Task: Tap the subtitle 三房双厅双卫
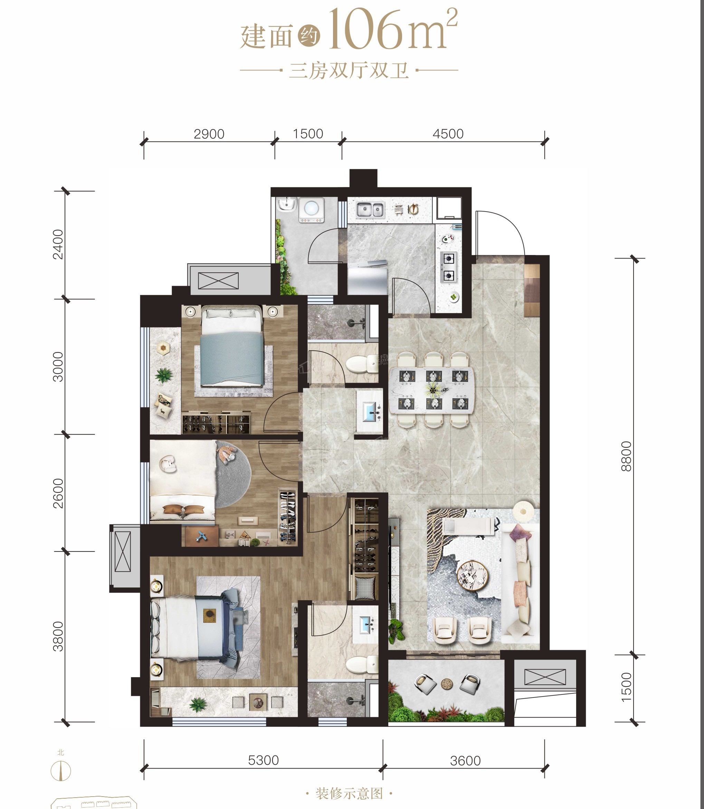pyautogui.click(x=349, y=71)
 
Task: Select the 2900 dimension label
pyautogui.click(x=209, y=134)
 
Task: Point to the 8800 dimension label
pyautogui.click(x=626, y=456)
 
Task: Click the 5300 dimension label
pyautogui.click(x=263, y=760)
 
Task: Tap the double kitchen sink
pyautogui.click(x=370, y=209)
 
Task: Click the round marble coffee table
pyautogui.click(x=472, y=576)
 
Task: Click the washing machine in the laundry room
pyautogui.click(x=311, y=209)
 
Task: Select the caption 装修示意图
pyautogui.click(x=349, y=794)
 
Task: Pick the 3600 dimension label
pyautogui.click(x=465, y=761)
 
